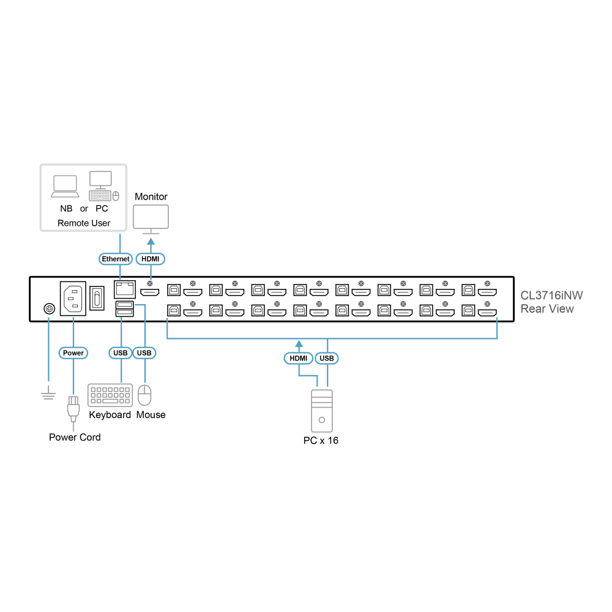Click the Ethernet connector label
click(116, 259)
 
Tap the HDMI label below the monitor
click(151, 259)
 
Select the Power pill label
click(73, 353)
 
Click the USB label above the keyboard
click(120, 353)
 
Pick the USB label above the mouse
click(144, 353)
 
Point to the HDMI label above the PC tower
click(299, 358)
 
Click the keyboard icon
click(110, 395)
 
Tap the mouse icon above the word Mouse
click(145, 395)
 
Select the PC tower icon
click(322, 411)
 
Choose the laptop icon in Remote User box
click(65, 187)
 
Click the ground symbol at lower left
click(48, 394)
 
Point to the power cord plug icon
click(73, 409)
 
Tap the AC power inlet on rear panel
click(73, 299)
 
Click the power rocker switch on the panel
click(97, 298)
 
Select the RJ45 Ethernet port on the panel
click(124, 289)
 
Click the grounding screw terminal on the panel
click(49, 308)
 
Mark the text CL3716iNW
click(551, 296)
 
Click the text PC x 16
click(321, 441)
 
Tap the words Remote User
click(84, 223)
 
